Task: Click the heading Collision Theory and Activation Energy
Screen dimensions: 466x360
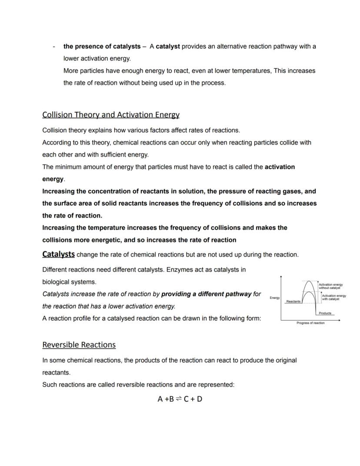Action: click(111, 115)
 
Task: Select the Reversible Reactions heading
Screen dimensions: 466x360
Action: click(79, 345)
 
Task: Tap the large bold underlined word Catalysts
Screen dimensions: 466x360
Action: click(58, 254)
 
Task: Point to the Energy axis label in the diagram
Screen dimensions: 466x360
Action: click(274, 298)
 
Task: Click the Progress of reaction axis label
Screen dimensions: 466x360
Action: click(310, 323)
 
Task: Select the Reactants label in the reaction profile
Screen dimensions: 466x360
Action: click(293, 301)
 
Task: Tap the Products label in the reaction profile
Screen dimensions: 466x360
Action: click(325, 313)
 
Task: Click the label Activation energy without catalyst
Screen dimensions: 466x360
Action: click(330, 286)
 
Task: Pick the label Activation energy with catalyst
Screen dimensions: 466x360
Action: click(333, 297)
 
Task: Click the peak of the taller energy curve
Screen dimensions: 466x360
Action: click(308, 281)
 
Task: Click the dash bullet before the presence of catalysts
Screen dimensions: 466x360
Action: click(53, 47)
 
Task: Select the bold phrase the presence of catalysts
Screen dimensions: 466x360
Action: click(102, 46)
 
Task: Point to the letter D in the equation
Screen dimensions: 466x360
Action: click(200, 399)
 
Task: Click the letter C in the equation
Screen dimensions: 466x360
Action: click(186, 399)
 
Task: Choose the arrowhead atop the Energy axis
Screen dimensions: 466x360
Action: click(282, 277)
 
